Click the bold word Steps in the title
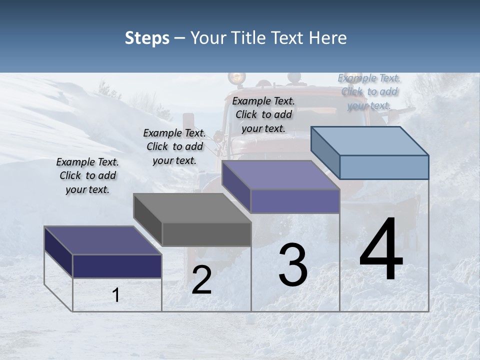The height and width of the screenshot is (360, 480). coord(147,38)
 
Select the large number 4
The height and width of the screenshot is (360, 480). coord(381,249)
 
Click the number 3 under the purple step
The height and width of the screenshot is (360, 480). coord(293,264)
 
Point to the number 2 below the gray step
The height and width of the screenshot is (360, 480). coord(201,279)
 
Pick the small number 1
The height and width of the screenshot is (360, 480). coord(116,295)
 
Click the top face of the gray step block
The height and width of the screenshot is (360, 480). coord(192,207)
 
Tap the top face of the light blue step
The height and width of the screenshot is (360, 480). coord(370,140)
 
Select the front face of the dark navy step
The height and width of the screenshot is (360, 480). coord(117,266)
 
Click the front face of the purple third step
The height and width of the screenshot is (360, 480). coord(295,201)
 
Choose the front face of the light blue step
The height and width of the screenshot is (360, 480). coord(384,167)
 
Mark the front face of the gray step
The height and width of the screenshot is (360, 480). coord(206,234)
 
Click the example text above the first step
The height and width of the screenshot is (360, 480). coord(87,175)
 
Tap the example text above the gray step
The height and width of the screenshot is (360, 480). coord(174,146)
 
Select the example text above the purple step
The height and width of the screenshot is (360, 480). coord(263,114)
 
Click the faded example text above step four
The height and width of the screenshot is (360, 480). coord(369,91)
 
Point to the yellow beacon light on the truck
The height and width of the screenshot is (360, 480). coord(237,77)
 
